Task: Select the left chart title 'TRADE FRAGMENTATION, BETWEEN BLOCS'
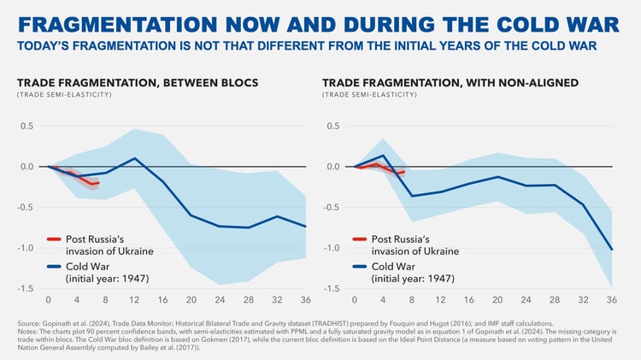(x=138, y=83)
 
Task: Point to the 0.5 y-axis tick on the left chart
(x=27, y=126)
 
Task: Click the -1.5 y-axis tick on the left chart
(x=26, y=288)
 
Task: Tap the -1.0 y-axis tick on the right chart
(x=332, y=248)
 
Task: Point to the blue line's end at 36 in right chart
(x=612, y=249)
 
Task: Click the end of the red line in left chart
(x=98, y=183)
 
